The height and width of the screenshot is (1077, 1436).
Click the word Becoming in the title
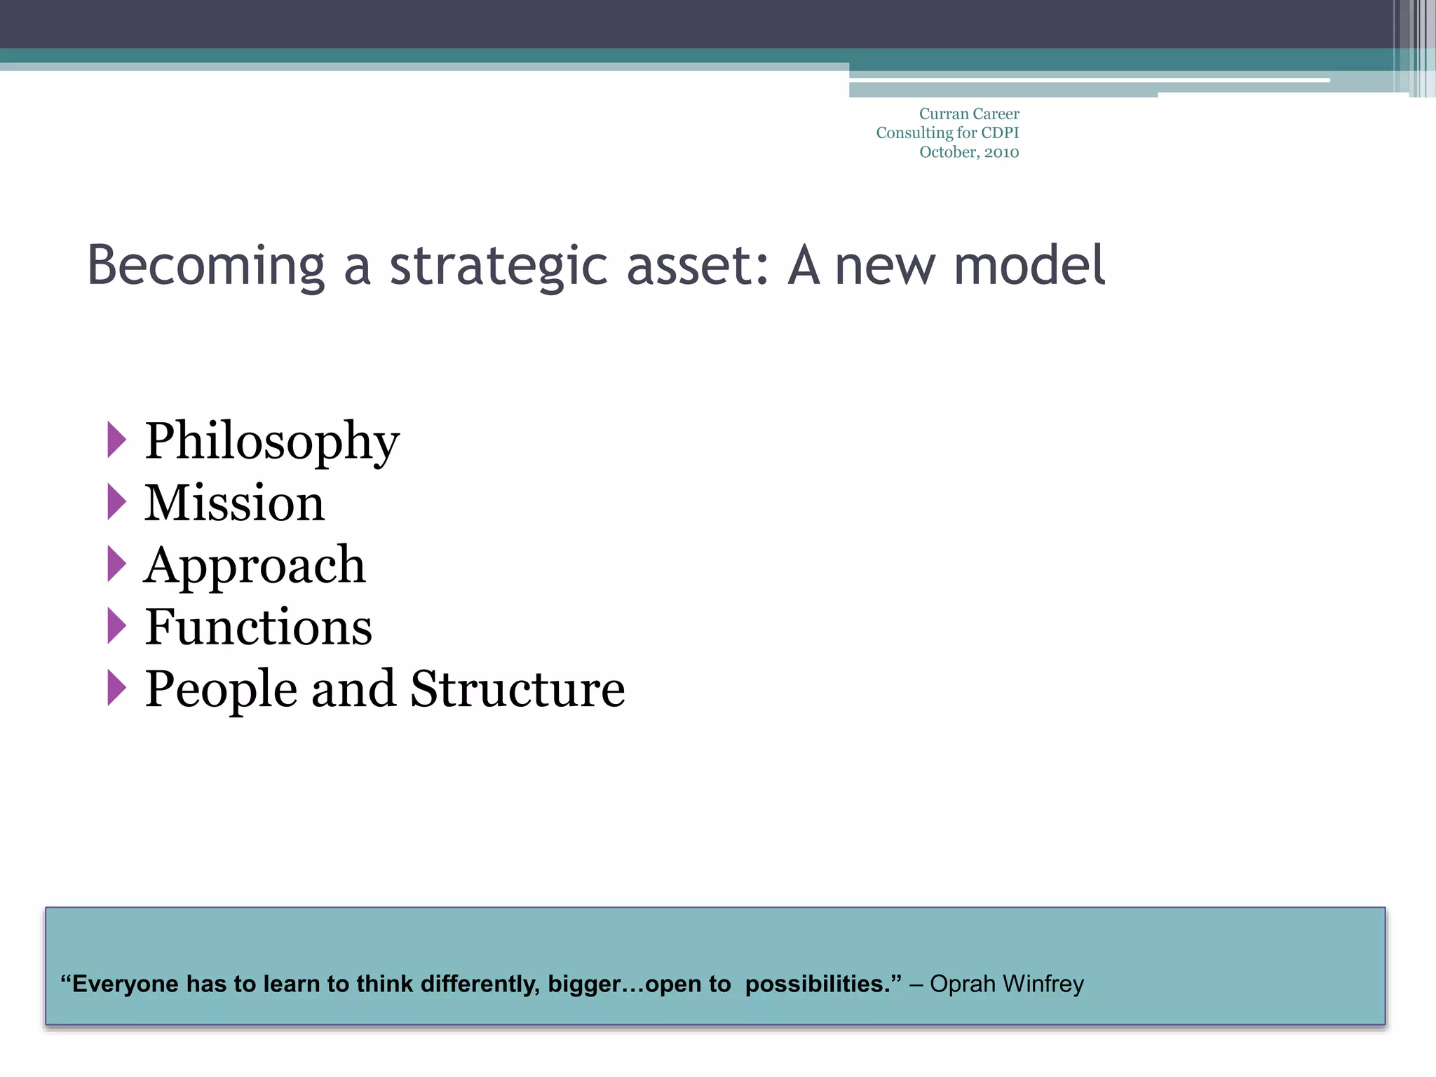[x=205, y=266]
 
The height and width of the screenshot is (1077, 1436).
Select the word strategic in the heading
[x=499, y=266]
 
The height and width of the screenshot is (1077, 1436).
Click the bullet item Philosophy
[x=272, y=442]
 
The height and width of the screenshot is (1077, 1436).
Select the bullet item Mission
[x=234, y=503]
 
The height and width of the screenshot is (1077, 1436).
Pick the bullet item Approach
[x=255, y=564]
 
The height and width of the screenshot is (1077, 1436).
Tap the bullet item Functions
[x=258, y=626]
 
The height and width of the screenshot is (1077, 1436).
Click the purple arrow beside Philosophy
[x=116, y=440]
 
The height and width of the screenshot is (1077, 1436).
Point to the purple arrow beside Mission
[x=116, y=502]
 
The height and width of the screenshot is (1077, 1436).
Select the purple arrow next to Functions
[x=116, y=625]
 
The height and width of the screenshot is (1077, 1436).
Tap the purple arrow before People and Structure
[x=116, y=687]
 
